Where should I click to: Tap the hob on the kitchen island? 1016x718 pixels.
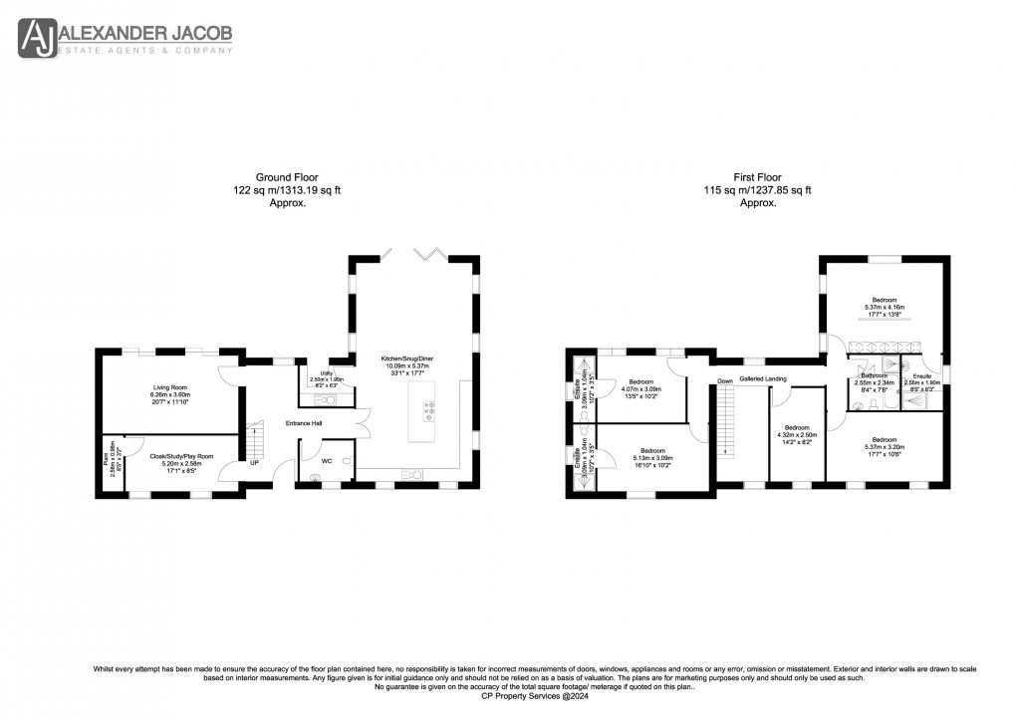click(x=429, y=409)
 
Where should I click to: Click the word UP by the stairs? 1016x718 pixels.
click(x=254, y=463)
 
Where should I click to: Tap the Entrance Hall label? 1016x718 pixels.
click(x=304, y=424)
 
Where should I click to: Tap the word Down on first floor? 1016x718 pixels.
click(x=725, y=380)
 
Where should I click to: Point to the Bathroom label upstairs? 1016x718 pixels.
click(x=874, y=375)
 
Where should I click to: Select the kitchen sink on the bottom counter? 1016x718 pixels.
click(x=410, y=473)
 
